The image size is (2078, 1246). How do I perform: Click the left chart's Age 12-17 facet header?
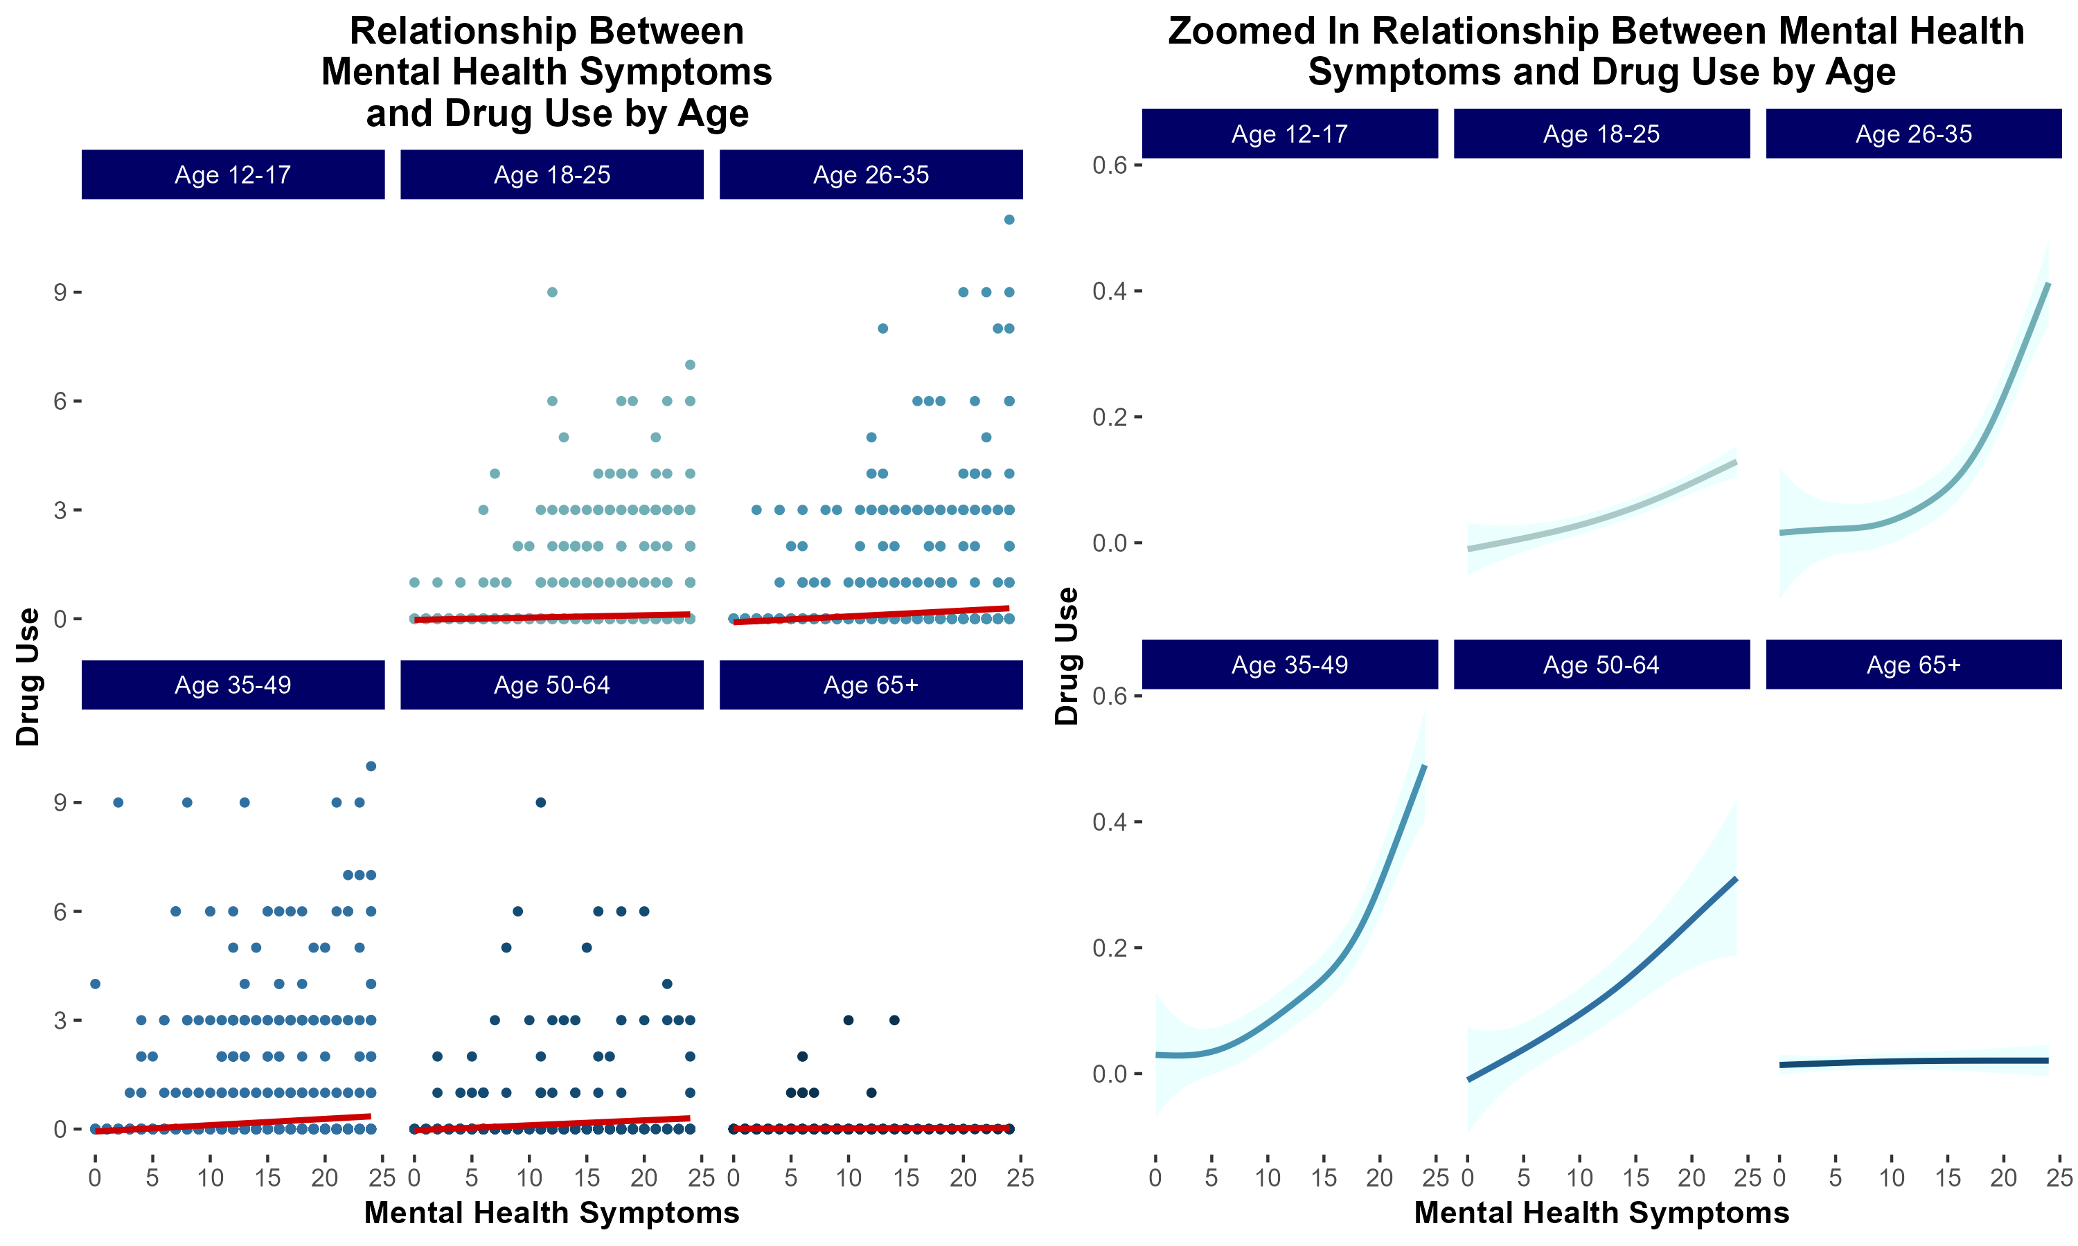233,174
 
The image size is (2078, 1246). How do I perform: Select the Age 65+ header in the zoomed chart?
1912,665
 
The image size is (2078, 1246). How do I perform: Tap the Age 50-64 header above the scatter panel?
552,685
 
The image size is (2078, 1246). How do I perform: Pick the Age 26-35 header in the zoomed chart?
1912,134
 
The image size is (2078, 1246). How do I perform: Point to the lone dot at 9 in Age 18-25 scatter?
552,292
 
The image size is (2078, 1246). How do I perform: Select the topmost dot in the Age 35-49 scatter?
371,766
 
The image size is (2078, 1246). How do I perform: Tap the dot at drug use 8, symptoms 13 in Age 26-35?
882,328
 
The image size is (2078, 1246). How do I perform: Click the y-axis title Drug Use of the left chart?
28,677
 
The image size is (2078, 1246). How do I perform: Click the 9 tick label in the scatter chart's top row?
60,292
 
